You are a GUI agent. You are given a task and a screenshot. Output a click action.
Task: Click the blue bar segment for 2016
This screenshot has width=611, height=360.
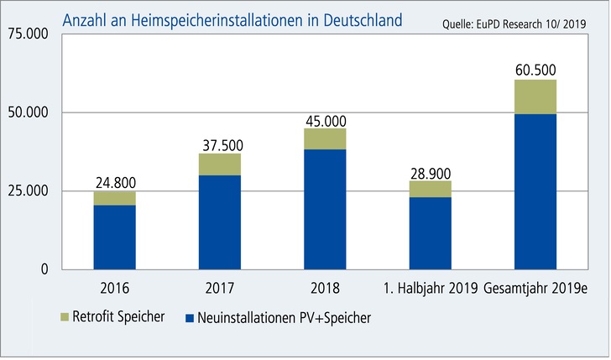(x=115, y=237)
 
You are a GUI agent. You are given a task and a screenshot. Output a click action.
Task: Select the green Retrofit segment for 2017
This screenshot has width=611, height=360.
(x=220, y=164)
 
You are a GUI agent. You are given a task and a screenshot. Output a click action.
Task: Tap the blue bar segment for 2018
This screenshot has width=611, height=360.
(x=325, y=209)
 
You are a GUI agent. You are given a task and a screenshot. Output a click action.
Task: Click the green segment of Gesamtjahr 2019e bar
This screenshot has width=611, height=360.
(x=535, y=97)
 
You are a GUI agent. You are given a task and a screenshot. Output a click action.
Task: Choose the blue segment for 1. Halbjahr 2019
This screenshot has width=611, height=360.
(x=430, y=232)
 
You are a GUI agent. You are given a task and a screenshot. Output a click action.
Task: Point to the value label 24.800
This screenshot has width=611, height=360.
(x=115, y=181)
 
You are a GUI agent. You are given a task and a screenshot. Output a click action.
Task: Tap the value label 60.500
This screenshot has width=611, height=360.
(x=535, y=70)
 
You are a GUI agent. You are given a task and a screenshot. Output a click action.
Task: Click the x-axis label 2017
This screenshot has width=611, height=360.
(x=220, y=290)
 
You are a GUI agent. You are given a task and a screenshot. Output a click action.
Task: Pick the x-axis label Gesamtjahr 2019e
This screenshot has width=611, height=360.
(x=535, y=290)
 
